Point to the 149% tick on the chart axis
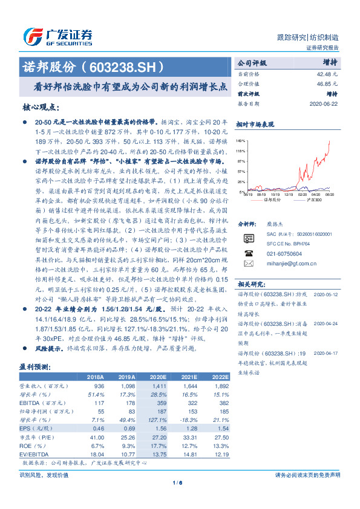(241, 139)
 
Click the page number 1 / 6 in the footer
(180, 482)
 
